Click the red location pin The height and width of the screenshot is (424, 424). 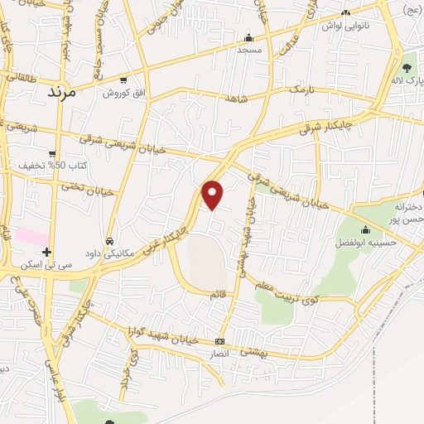pos(213,195)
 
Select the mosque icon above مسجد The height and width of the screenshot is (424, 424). pos(248,37)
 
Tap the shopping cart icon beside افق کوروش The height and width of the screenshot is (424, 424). pos(123,80)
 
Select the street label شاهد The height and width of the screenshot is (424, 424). pos(236,98)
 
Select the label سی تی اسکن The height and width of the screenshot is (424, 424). pos(47,264)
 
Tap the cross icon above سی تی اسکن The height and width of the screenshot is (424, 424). pos(47,252)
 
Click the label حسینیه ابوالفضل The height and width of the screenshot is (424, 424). pos(367,243)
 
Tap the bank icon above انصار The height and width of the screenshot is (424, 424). pos(219,341)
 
